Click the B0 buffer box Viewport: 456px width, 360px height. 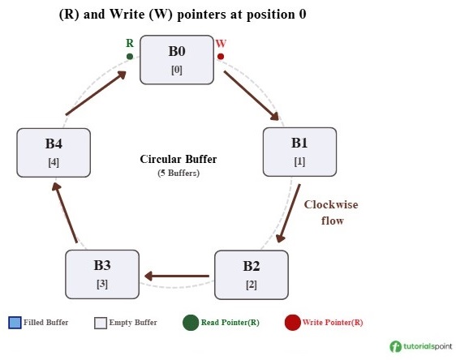pos(177,59)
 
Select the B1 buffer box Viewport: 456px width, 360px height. pos(299,152)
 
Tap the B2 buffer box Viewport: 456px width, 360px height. pos(251,275)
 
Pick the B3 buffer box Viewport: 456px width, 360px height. pos(102,274)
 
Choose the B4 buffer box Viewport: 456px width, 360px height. pos(54,152)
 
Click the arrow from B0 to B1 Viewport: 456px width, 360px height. pos(252,95)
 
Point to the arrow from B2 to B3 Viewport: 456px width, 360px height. pos(176,276)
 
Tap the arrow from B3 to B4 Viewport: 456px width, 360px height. pos(65,212)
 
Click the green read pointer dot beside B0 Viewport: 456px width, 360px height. pos(130,57)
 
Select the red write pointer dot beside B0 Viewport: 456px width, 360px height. pos(221,57)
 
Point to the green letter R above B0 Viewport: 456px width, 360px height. pos(130,43)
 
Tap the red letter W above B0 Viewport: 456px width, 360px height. pos(221,43)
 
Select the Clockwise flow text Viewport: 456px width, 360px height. pos(331,212)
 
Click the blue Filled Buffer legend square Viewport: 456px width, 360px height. pos(15,322)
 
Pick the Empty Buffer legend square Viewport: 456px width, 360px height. pos(101,322)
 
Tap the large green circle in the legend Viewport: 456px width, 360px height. pos(191,322)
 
